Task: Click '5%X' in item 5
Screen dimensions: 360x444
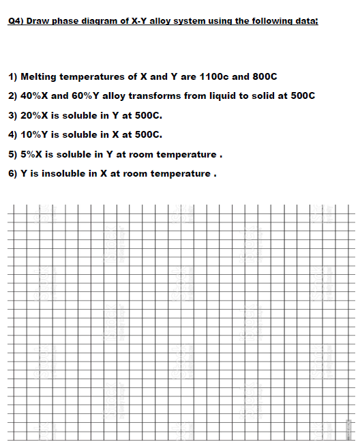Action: [x=32, y=154]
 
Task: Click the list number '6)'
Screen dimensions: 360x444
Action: [x=13, y=173]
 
